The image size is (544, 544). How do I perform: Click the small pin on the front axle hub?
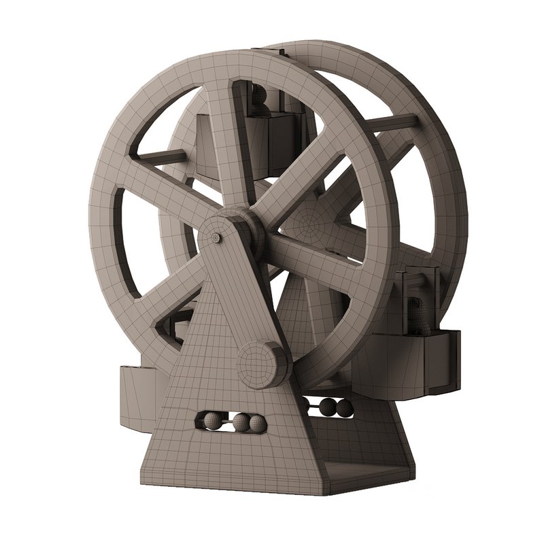pos(216,237)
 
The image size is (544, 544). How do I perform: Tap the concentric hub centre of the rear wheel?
pos(308,221)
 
